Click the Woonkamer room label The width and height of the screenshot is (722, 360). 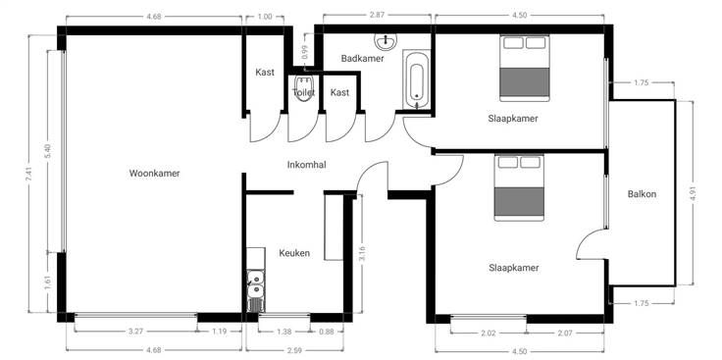pyautogui.click(x=154, y=174)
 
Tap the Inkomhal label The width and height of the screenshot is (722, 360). pyautogui.click(x=307, y=165)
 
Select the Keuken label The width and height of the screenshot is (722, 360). pyautogui.click(x=294, y=253)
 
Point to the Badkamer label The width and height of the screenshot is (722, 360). pyautogui.click(x=362, y=59)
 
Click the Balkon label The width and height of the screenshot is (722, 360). pyautogui.click(x=642, y=194)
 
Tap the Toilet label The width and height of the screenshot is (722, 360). pyautogui.click(x=304, y=92)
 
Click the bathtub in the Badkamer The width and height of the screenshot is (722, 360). pyautogui.click(x=416, y=80)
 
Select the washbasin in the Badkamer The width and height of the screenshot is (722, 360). pyautogui.click(x=386, y=41)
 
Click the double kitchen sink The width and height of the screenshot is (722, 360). pyautogui.click(x=255, y=284)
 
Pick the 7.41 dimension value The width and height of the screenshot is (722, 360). pyautogui.click(x=28, y=174)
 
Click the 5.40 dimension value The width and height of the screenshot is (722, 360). pyautogui.click(x=47, y=151)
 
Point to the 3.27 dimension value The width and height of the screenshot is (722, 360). pyautogui.click(x=135, y=332)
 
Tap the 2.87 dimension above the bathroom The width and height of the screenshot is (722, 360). pyautogui.click(x=377, y=15)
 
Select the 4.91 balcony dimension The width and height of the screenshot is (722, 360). pyautogui.click(x=692, y=192)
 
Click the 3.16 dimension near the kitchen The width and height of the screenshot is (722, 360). pyautogui.click(x=362, y=254)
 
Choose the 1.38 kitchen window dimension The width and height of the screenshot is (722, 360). pyautogui.click(x=284, y=332)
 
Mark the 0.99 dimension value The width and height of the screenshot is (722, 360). pyautogui.click(x=305, y=52)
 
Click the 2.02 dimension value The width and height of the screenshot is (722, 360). pyautogui.click(x=489, y=333)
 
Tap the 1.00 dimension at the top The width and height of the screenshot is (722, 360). pyautogui.click(x=264, y=17)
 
